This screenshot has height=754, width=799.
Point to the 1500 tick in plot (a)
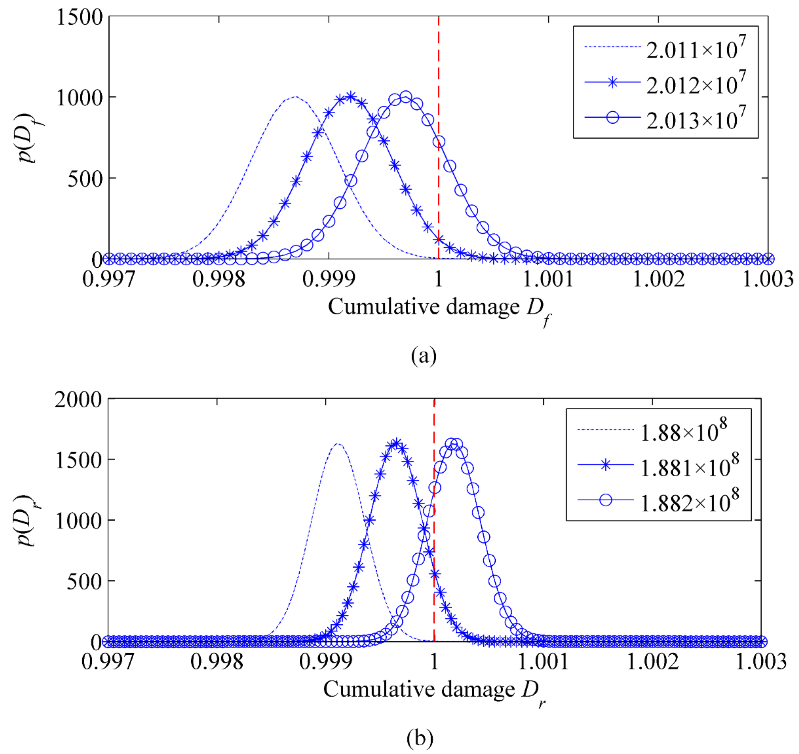click(79, 18)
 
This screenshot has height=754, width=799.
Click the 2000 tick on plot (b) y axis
click(78, 400)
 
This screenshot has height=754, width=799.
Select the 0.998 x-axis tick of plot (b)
click(217, 661)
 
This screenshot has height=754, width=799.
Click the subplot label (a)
click(423, 356)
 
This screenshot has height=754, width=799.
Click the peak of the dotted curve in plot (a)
click(296, 97)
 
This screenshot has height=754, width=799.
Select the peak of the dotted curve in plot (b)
click(338, 444)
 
